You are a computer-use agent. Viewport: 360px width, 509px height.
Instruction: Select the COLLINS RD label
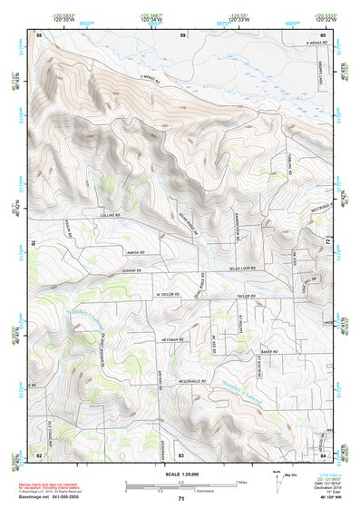[110, 214]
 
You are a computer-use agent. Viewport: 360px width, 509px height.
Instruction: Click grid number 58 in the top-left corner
[39, 34]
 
